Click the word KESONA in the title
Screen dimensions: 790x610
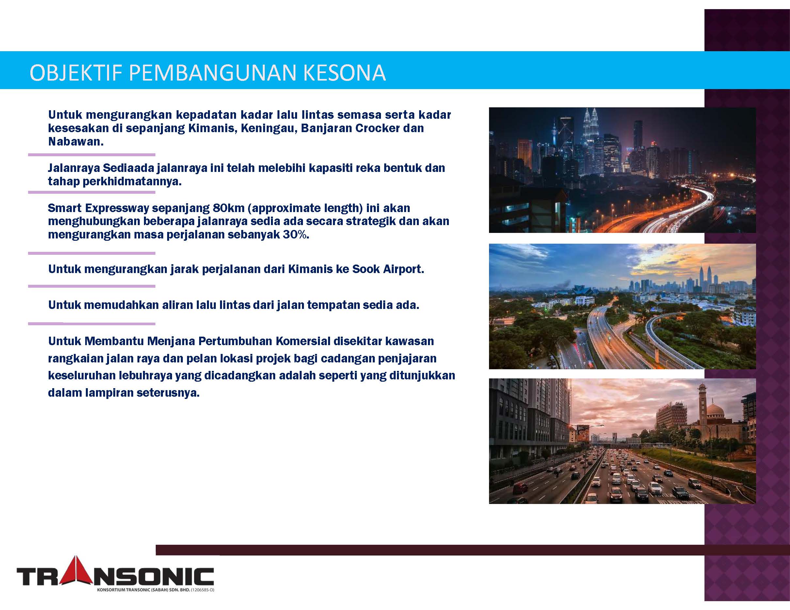click(344, 73)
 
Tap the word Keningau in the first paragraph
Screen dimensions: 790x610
click(269, 128)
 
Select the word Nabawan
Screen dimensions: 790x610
click(76, 141)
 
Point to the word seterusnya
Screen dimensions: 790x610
click(168, 393)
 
